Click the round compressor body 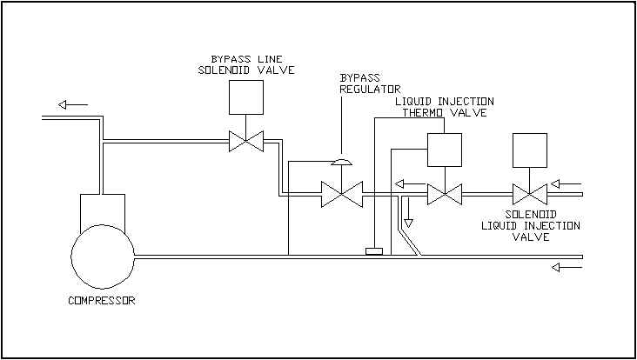pos(103,257)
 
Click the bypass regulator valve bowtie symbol pos(341,194)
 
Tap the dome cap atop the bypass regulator pos(342,162)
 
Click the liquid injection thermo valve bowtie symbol pos(444,193)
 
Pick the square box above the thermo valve pos(444,150)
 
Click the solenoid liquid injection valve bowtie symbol pos(530,193)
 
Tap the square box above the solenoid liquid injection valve pos(530,150)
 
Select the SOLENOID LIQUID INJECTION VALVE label pos(531,225)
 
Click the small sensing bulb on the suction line pos(375,251)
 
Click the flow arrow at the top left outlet pos(74,104)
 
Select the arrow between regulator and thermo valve pos(406,183)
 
